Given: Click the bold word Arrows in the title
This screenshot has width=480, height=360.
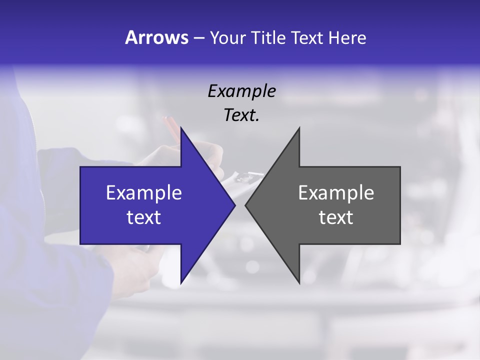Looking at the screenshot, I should click(x=156, y=37).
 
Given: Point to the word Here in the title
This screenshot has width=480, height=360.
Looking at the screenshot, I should click(x=347, y=38).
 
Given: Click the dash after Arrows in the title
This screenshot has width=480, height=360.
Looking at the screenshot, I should click(x=198, y=38).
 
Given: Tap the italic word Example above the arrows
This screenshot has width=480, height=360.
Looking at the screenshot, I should click(x=241, y=91).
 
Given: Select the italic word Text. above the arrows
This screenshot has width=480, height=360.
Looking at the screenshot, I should click(x=241, y=115).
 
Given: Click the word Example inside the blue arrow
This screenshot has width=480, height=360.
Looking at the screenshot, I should click(x=144, y=192).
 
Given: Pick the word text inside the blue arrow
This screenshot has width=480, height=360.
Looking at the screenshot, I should click(x=144, y=217).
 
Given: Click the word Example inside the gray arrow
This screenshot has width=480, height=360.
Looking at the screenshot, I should click(x=336, y=192).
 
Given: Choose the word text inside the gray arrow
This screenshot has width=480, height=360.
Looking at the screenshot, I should click(x=336, y=217).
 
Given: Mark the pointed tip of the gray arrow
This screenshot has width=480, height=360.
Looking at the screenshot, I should click(x=246, y=205).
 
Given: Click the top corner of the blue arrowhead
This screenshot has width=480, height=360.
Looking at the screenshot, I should click(x=181, y=128).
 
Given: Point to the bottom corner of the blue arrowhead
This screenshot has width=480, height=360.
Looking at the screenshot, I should click(x=181, y=282).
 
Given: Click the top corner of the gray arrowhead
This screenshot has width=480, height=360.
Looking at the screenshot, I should click(x=299, y=128).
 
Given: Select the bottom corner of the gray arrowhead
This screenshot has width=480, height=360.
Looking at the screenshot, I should click(x=299, y=282).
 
